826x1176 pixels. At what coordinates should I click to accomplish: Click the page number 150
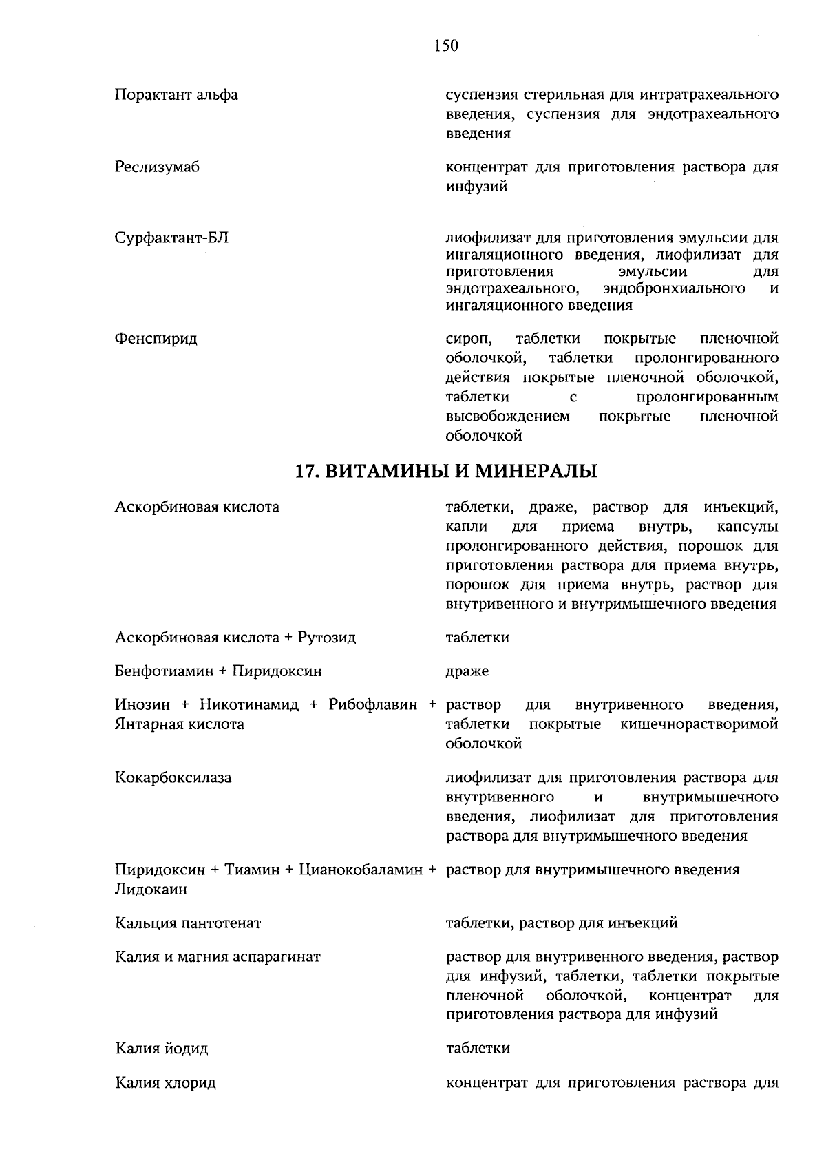click(446, 46)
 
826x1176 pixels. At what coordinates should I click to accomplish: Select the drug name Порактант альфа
click(176, 94)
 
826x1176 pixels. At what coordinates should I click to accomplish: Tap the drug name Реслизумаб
click(157, 167)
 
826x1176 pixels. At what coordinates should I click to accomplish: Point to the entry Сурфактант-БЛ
click(171, 238)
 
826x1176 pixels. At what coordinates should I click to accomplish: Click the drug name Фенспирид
click(156, 339)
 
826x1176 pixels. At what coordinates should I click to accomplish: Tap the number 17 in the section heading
click(305, 472)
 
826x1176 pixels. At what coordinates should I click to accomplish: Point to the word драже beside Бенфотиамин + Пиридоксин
click(467, 671)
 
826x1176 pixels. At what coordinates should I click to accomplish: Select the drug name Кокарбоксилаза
click(173, 778)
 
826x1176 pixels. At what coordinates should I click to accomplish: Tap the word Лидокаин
click(151, 889)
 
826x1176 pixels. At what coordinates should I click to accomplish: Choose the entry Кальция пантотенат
click(188, 923)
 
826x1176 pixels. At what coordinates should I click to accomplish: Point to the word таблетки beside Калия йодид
click(478, 1049)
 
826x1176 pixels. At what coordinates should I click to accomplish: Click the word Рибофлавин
click(372, 705)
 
